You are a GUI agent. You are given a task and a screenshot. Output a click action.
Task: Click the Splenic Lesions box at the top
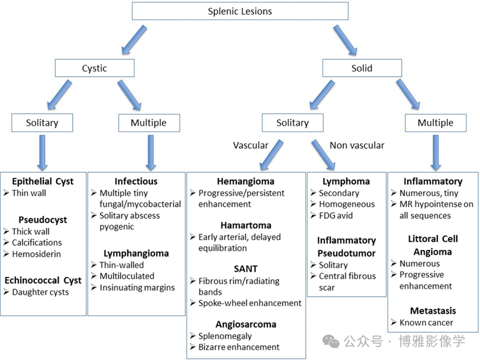click(x=240, y=11)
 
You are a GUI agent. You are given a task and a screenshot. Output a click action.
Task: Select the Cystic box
click(x=94, y=68)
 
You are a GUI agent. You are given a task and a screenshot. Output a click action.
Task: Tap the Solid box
click(x=362, y=68)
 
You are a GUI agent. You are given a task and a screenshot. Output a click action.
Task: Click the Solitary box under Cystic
click(x=42, y=123)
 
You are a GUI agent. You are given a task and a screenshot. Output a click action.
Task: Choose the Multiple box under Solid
click(x=435, y=123)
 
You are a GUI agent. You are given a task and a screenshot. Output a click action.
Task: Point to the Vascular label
click(x=250, y=145)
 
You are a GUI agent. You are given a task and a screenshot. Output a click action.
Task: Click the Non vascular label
click(x=357, y=145)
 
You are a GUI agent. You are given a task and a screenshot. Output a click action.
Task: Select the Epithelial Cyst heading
click(x=43, y=181)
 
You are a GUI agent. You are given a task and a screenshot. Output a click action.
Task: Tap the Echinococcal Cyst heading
click(x=43, y=280)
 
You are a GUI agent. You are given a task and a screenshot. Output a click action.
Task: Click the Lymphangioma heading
click(x=136, y=253)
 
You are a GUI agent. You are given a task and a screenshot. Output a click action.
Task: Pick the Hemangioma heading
click(x=245, y=181)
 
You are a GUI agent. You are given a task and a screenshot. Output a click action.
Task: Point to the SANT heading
click(x=245, y=268)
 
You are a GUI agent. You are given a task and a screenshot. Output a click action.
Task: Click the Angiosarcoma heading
click(x=245, y=324)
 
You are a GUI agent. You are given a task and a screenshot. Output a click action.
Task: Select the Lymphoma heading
click(x=346, y=181)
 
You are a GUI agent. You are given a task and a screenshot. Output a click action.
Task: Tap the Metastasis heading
click(x=433, y=311)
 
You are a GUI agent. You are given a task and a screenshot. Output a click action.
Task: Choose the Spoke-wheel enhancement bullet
click(x=249, y=303)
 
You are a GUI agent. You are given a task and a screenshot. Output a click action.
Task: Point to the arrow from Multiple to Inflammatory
click(x=434, y=152)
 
